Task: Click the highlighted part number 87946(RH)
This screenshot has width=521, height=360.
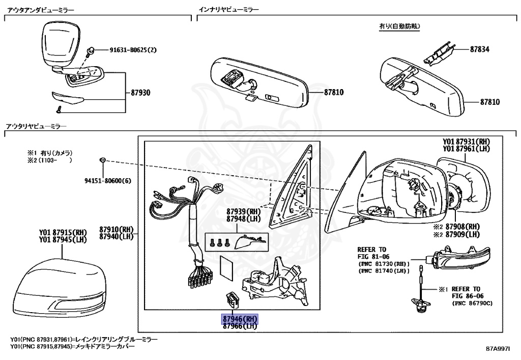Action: (x=240, y=319)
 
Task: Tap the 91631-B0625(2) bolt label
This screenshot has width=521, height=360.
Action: (x=133, y=50)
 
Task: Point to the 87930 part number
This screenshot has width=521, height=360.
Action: (x=140, y=94)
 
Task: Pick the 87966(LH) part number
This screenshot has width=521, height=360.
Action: (x=240, y=326)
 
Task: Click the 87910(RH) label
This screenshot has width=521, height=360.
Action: (x=116, y=230)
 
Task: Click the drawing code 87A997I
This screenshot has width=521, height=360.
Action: (x=498, y=349)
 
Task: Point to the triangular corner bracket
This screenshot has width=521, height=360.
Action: (x=293, y=188)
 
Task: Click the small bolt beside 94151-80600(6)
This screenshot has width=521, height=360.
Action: (x=103, y=160)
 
